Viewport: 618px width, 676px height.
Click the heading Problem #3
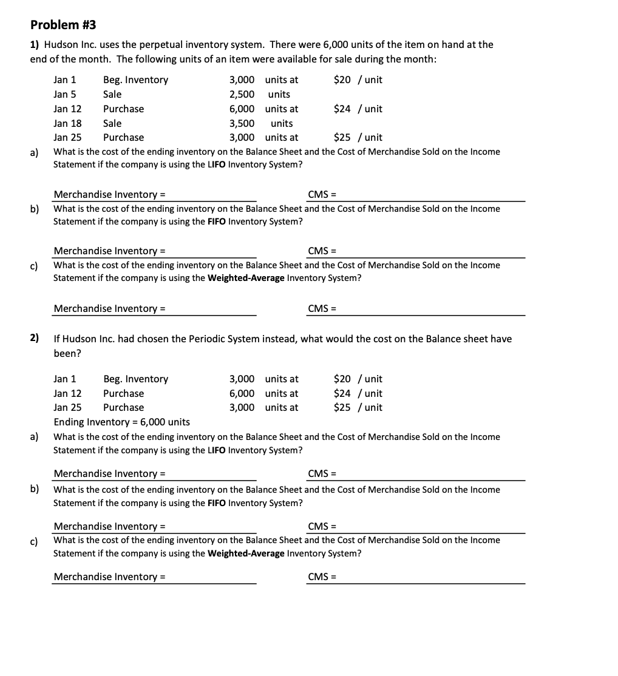coord(63,25)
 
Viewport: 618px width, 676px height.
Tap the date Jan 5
coord(65,94)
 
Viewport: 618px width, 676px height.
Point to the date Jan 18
coord(67,123)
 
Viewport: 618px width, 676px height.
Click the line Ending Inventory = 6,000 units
coord(121,422)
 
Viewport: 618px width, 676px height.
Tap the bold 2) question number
coord(35,338)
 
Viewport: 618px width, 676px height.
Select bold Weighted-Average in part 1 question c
coord(246,278)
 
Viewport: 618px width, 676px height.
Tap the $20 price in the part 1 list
coord(342,79)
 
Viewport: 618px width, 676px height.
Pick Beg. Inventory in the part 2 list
coord(135,379)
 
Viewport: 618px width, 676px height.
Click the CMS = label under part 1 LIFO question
coord(322,194)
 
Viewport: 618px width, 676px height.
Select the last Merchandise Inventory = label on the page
coord(110,576)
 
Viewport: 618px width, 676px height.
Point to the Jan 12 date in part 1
coord(67,109)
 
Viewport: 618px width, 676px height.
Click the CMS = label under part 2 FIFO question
coord(322,526)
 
